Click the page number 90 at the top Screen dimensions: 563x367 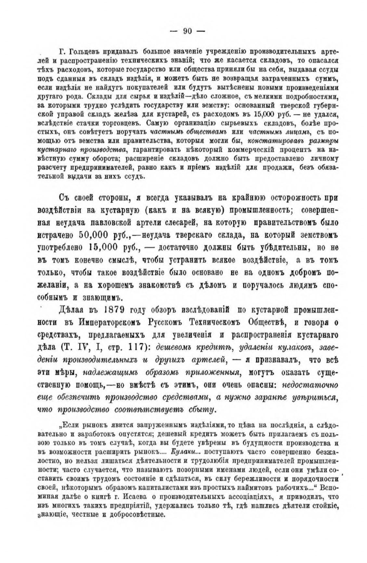(188, 31)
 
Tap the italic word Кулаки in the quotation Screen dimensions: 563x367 (182, 452)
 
